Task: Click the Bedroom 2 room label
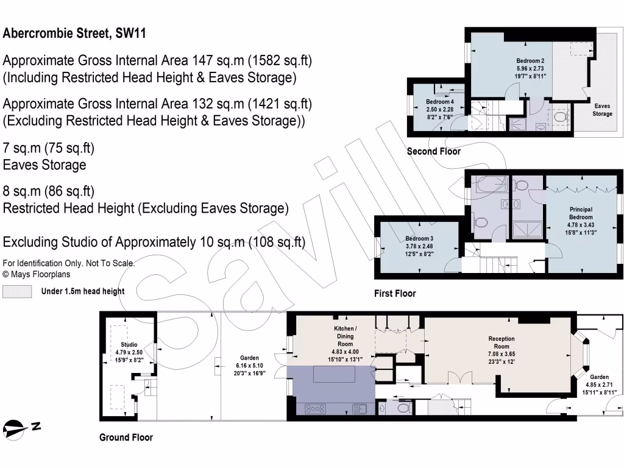point(530,61)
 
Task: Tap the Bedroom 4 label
point(440,102)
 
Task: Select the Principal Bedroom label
point(581,213)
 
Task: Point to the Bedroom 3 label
point(419,239)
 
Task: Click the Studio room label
point(129,345)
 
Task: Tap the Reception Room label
point(502,342)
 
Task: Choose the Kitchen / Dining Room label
point(345,336)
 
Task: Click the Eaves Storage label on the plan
point(602,110)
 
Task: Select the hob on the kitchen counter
point(315,409)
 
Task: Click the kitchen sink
point(360,409)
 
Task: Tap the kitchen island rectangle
point(334,375)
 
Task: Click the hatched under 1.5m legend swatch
point(17,292)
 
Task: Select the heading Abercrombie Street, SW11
point(74,33)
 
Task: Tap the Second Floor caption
point(433,152)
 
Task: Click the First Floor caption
point(395,294)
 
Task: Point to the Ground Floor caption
point(126,438)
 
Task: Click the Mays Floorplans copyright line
point(36,274)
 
